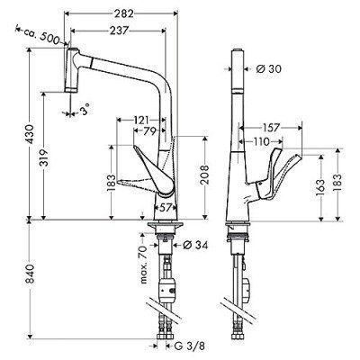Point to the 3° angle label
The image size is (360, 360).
click(85, 113)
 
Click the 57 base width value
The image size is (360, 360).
click(163, 207)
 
